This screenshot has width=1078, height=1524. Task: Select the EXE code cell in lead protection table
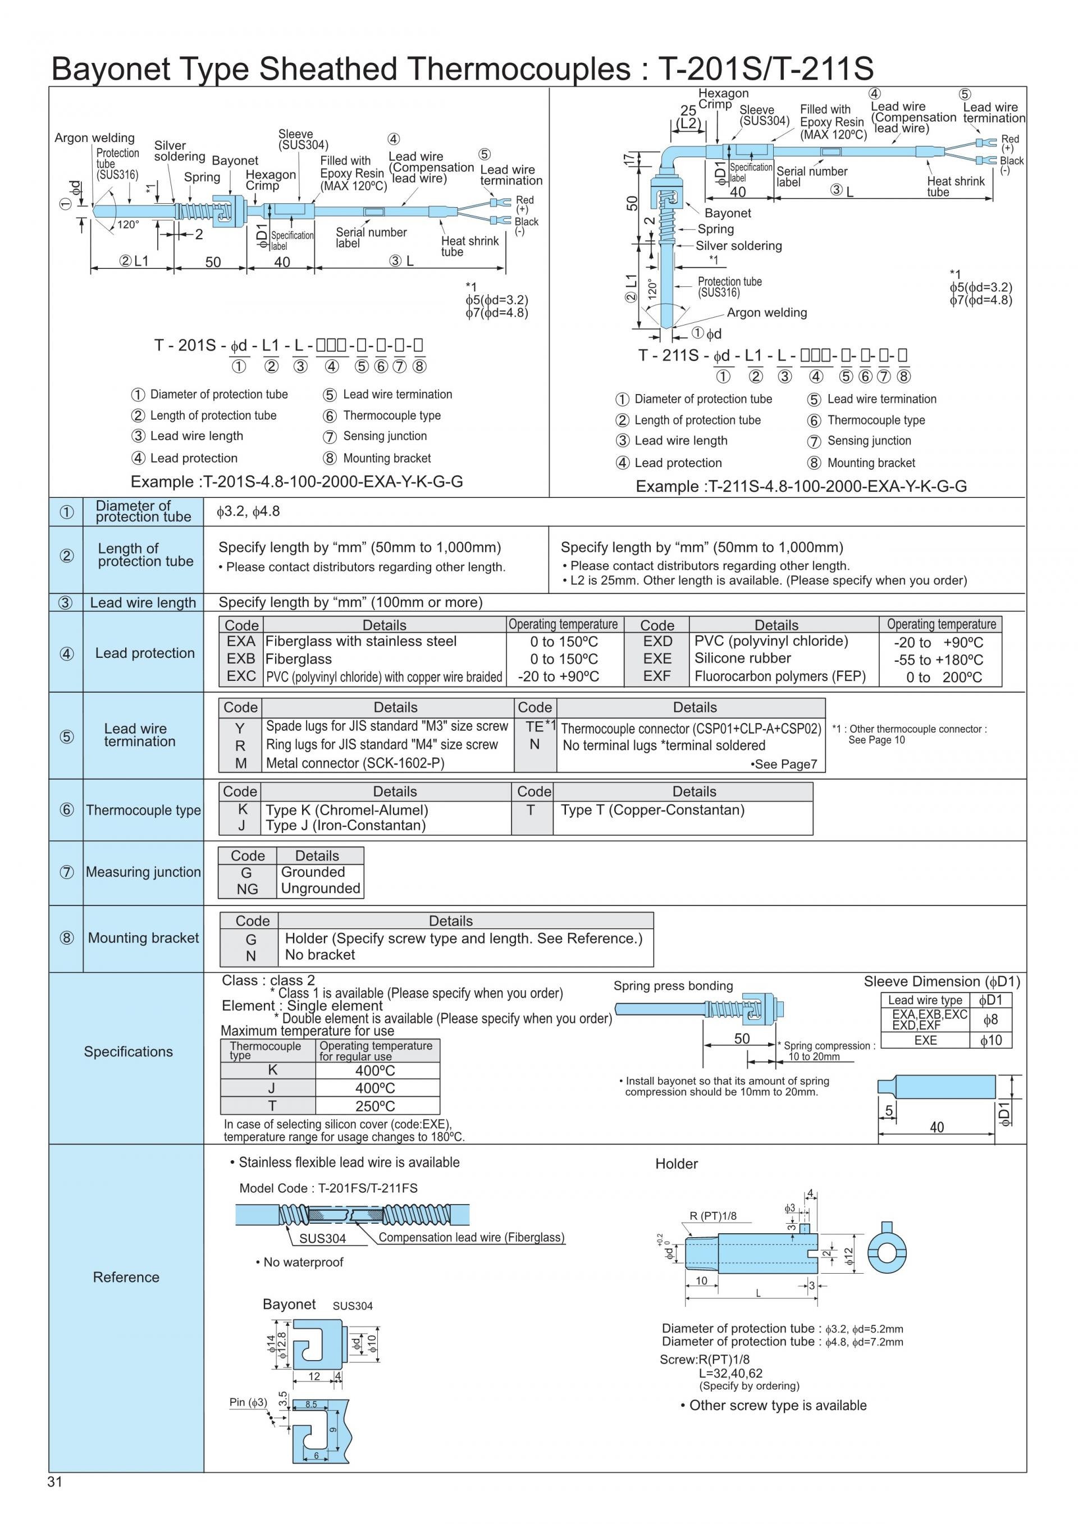(656, 658)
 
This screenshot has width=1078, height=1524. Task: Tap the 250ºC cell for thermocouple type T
(375, 1106)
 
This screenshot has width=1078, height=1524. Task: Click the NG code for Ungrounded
(247, 889)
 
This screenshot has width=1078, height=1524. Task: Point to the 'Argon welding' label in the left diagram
(94, 138)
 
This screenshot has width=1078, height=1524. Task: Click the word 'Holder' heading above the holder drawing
(676, 1164)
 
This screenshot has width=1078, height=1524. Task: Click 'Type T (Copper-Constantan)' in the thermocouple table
(652, 810)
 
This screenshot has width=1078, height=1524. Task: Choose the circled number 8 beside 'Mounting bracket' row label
(66, 938)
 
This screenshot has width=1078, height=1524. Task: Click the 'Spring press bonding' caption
(673, 986)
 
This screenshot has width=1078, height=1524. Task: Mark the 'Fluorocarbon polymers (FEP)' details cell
(780, 676)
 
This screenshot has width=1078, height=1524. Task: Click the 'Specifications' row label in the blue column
(128, 1051)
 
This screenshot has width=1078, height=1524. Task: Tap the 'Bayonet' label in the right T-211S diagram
(728, 213)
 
